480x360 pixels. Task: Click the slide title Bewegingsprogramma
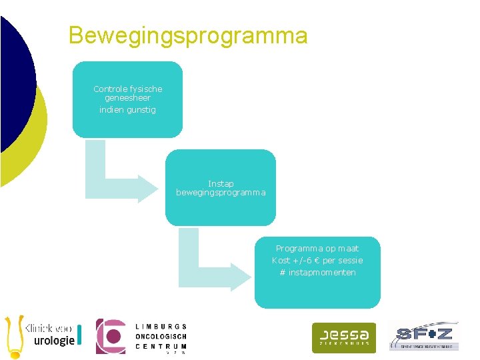point(188,35)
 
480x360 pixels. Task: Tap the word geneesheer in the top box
point(127,98)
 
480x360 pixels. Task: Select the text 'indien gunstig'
point(127,109)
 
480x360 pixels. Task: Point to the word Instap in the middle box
point(221,183)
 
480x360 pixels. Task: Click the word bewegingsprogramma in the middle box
point(221,193)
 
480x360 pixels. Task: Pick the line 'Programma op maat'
point(317,249)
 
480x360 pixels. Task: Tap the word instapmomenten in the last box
point(322,273)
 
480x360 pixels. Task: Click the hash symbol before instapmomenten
point(283,273)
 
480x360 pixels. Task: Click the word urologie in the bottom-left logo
point(55,341)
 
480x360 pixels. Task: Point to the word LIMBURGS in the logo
point(161,326)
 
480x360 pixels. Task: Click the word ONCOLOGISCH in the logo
point(161,337)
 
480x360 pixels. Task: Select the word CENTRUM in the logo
point(161,347)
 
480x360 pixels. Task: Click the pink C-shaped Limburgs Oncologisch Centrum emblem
point(111,336)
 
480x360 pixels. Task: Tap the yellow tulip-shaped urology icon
point(13,336)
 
